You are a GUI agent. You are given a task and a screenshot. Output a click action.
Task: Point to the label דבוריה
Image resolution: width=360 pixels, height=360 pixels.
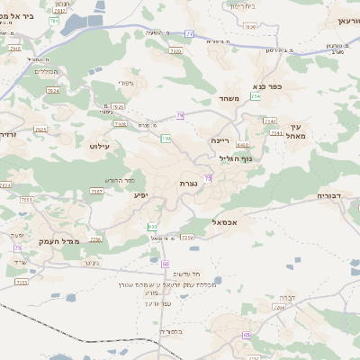(331, 195)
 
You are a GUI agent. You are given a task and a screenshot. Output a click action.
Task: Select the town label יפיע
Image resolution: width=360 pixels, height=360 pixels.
(141, 194)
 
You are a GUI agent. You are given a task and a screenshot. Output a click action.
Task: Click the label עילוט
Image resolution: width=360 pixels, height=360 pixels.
(99, 145)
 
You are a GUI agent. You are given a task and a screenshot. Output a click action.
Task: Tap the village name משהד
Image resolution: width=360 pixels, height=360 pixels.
(229, 98)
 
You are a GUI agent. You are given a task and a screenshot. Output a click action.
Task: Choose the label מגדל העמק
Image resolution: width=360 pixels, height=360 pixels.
(60, 241)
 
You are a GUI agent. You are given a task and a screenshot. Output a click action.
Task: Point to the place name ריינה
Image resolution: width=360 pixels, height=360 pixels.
(220, 140)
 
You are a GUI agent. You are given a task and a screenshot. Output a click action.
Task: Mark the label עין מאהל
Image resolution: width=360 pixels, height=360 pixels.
(300, 130)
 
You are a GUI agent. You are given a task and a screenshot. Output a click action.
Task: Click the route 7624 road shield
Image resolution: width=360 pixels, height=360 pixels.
(53, 91)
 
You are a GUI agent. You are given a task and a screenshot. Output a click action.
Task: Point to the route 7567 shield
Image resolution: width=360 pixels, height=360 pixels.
(96, 192)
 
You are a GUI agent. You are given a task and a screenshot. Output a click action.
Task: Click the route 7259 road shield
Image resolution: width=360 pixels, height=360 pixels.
(187, 238)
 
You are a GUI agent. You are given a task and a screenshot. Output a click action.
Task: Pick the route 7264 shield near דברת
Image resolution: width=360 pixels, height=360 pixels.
(279, 308)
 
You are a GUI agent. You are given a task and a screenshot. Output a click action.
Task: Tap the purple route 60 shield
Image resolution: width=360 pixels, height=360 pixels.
(166, 263)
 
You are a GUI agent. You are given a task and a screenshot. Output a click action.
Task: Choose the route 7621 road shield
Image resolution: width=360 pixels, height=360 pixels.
(40, 130)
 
